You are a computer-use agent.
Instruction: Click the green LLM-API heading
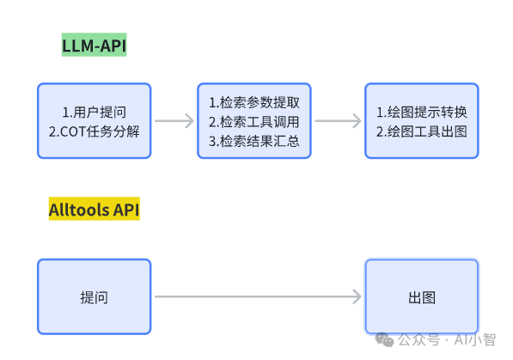(94, 45)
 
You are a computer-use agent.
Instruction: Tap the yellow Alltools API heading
(95, 210)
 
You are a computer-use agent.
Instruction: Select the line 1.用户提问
(94, 113)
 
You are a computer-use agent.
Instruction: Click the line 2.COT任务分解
(94, 131)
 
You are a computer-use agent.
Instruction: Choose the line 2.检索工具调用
(253, 122)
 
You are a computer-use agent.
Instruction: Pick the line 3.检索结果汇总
(253, 141)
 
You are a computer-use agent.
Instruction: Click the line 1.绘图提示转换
(421, 113)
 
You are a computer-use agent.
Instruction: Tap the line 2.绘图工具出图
(421, 131)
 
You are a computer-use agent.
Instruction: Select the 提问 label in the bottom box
(94, 297)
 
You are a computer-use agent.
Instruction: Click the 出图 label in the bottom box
(421, 297)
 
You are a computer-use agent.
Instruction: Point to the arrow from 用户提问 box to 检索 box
(174, 121)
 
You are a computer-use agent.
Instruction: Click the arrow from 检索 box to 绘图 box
(337, 121)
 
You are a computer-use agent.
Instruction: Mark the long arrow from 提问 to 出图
(258, 297)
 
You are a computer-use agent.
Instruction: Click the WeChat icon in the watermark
(383, 339)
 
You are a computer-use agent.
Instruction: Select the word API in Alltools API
(125, 210)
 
